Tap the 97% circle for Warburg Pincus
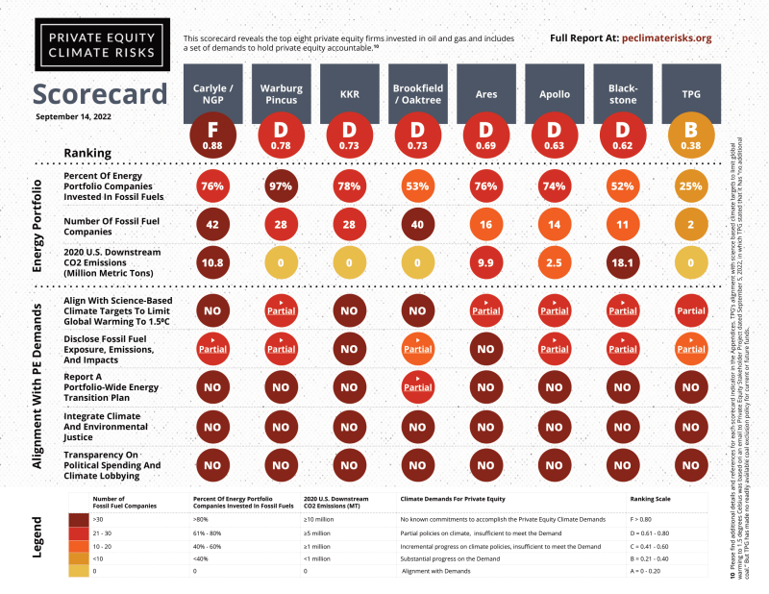282,186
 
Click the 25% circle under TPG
691,186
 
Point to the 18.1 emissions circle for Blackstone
623,262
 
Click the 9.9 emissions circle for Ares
486,262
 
